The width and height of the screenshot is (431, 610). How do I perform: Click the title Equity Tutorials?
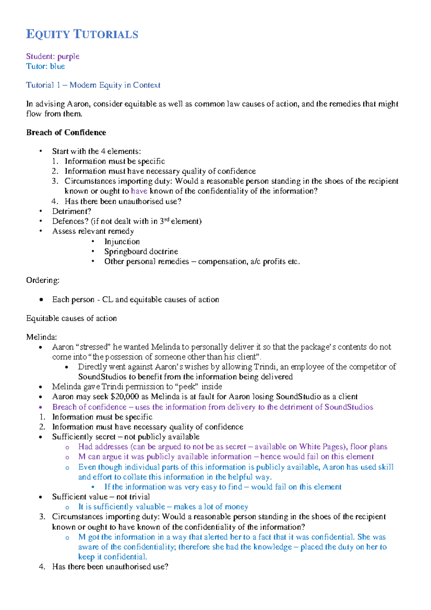click(82, 34)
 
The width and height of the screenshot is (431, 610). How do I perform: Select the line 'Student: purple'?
click(53, 56)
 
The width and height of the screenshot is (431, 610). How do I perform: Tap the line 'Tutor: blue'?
click(45, 66)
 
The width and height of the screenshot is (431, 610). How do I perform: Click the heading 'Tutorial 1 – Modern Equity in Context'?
click(93, 85)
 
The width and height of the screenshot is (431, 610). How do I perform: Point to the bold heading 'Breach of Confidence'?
click(66, 133)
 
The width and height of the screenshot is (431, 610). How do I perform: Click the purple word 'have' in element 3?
click(139, 191)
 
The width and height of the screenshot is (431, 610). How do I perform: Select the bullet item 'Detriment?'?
click(71, 211)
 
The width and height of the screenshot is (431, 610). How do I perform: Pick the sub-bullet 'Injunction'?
click(122, 242)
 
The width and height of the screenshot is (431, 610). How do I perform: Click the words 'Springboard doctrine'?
click(141, 251)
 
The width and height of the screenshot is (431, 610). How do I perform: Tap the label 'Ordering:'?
click(43, 280)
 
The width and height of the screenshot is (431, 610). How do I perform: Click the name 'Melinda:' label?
click(42, 337)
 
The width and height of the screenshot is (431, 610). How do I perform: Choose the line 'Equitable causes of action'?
click(71, 318)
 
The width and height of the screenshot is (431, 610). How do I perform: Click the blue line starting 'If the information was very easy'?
click(223, 487)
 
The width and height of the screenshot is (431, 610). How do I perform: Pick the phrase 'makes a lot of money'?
click(211, 507)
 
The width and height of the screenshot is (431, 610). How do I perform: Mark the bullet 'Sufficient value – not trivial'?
click(101, 497)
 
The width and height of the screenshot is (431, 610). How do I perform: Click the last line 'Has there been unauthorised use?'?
click(110, 567)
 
